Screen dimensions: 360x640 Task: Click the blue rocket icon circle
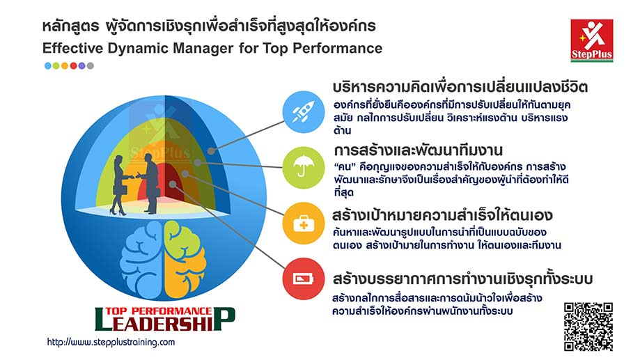303,111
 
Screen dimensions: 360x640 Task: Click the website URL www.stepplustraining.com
111,343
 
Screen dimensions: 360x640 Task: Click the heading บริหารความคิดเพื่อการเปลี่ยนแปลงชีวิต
460,88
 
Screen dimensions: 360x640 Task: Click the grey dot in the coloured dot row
91,65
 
